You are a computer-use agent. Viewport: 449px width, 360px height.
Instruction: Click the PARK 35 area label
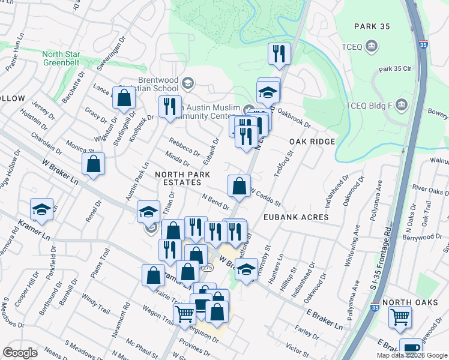(373, 26)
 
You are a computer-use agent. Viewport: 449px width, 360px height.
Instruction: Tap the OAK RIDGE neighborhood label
(312, 141)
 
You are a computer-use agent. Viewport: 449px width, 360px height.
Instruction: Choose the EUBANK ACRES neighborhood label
(295, 217)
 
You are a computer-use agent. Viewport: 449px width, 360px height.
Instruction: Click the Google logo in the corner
(20, 352)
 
